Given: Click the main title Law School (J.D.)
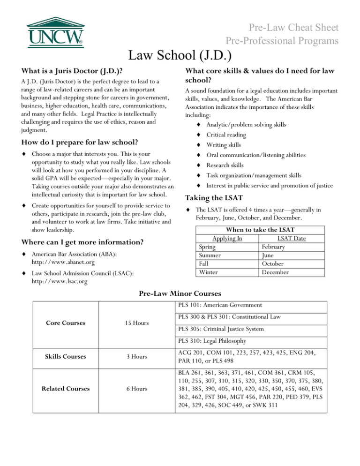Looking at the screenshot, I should pyautogui.click(x=180, y=56).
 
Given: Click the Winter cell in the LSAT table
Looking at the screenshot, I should pyautogui.click(x=210, y=272).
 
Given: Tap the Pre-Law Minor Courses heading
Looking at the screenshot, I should pyautogui.click(x=180, y=294).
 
